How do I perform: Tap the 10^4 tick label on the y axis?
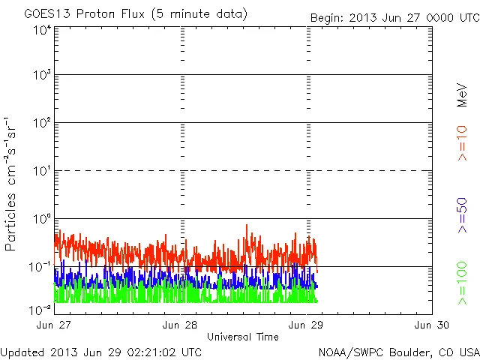coord(41,30)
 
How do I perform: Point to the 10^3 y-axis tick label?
coord(41,75)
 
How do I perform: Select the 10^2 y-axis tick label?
coord(41,123)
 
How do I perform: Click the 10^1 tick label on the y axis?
coord(41,171)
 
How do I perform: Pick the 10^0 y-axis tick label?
coord(41,219)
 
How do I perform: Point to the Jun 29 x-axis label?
coord(307,325)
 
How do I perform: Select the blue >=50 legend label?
coord(463,215)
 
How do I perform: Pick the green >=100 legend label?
coord(463,283)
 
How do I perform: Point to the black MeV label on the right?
coord(463,95)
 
